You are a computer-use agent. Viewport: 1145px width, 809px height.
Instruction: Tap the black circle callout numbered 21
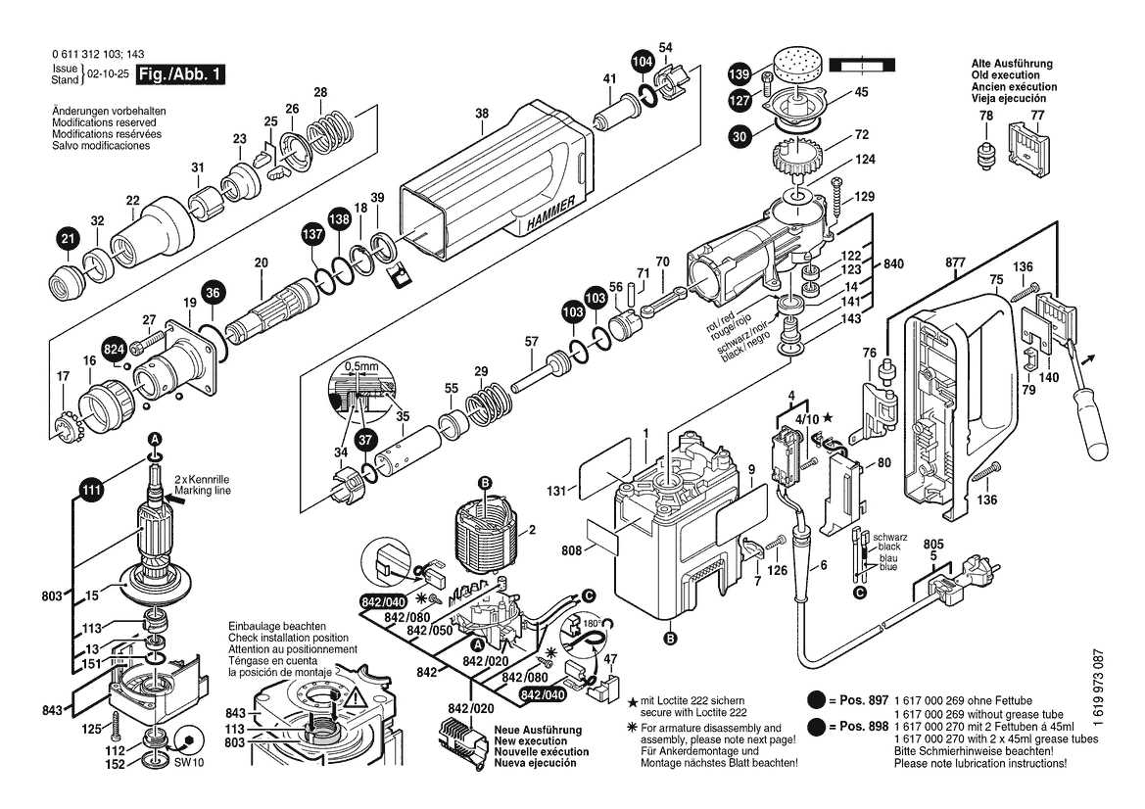pyautogui.click(x=67, y=238)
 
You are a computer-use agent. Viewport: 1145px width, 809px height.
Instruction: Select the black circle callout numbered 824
pyautogui.click(x=114, y=348)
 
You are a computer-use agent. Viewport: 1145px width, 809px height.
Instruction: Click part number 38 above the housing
pyautogui.click(x=482, y=114)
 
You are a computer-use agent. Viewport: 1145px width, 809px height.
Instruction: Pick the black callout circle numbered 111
pyautogui.click(x=91, y=492)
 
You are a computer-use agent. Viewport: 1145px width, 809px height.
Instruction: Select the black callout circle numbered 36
pyautogui.click(x=215, y=291)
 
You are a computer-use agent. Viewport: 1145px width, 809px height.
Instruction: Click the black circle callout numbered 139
pyautogui.click(x=739, y=74)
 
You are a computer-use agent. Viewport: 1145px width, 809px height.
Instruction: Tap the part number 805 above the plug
pyautogui.click(x=933, y=545)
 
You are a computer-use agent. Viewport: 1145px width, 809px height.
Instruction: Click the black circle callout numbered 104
pyautogui.click(x=641, y=62)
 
